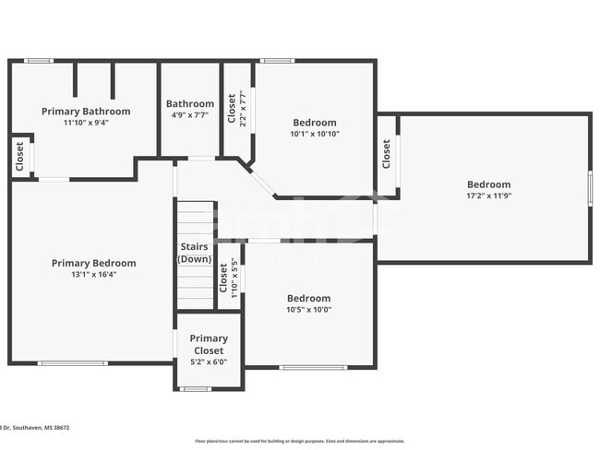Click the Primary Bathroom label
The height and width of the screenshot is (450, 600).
click(x=86, y=112)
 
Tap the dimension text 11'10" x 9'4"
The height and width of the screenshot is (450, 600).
click(x=86, y=123)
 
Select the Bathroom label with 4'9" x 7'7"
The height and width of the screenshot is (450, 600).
click(x=189, y=104)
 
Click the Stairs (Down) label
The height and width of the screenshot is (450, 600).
click(x=194, y=254)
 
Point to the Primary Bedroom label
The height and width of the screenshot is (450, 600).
click(x=93, y=263)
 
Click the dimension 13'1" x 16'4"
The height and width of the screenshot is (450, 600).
click(x=93, y=274)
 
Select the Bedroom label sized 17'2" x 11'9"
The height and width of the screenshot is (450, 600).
click(x=488, y=184)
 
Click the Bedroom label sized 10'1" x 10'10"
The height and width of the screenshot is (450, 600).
click(x=315, y=123)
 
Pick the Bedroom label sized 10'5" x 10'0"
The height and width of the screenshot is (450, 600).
click(x=308, y=298)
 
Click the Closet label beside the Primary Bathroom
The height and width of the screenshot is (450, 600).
click(x=20, y=157)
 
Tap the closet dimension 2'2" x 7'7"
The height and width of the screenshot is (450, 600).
click(x=242, y=109)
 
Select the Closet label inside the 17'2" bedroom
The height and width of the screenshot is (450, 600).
click(x=386, y=154)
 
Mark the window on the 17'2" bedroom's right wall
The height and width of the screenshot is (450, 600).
click(x=589, y=188)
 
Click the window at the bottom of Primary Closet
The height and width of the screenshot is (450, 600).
click(x=196, y=389)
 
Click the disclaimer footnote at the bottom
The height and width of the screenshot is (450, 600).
click(x=299, y=442)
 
